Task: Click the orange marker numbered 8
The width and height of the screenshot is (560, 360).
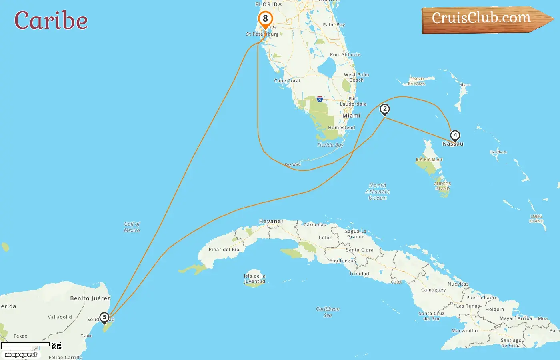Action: [x=265, y=19]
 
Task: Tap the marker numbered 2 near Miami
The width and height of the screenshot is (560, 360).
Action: [x=385, y=109]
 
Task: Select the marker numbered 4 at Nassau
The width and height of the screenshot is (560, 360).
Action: [x=455, y=136]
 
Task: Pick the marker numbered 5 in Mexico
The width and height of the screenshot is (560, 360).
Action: [x=104, y=318]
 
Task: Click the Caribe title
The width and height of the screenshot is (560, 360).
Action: [x=51, y=20]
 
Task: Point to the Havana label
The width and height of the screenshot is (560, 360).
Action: [x=270, y=221]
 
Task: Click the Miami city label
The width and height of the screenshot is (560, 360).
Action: [x=351, y=116]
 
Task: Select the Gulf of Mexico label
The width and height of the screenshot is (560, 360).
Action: [x=132, y=227]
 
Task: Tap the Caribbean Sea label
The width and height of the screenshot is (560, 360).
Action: [x=328, y=312]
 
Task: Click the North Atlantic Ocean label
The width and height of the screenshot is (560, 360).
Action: [x=378, y=192]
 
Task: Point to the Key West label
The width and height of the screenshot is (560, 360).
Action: [x=293, y=164]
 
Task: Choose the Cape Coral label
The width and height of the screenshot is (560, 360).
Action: [x=287, y=81]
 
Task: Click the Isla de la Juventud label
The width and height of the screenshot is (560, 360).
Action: [x=254, y=278]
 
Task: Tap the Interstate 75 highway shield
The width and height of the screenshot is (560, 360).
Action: [x=320, y=99]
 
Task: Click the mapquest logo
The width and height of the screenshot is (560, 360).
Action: [x=21, y=355]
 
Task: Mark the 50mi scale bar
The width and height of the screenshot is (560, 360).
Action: [x=26, y=344]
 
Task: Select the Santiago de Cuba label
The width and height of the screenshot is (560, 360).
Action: [x=511, y=343]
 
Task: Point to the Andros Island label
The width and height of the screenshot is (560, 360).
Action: [x=442, y=186]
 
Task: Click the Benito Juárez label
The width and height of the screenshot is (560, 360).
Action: [x=90, y=298]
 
